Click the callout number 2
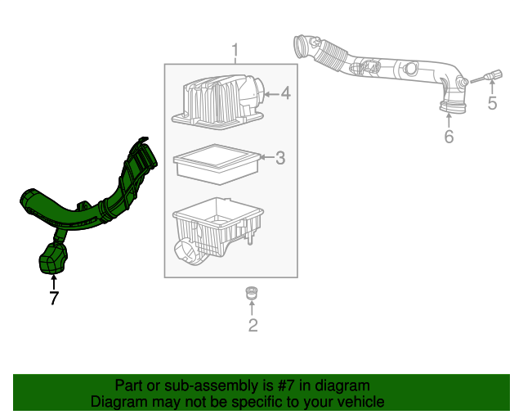pos(253,326)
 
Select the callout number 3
pos(279,158)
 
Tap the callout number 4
pos(285,94)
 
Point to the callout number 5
pos(492,102)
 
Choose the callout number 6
pos(449,137)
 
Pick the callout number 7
pos(54,299)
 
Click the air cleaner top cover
pos(217,102)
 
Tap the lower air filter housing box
pos(217,232)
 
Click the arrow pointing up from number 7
pos(54,282)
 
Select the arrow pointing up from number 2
pos(253,308)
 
